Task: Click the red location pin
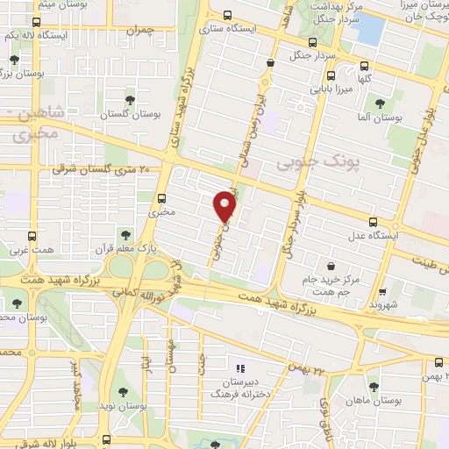pyautogui.click(x=225, y=206)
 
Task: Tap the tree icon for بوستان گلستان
pyautogui.click(x=131, y=100)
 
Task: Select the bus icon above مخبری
pyautogui.click(x=161, y=196)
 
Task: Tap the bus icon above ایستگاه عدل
pyautogui.click(x=374, y=221)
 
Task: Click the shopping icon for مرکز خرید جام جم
pyautogui.click(x=330, y=267)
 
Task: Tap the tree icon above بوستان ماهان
pyautogui.click(x=374, y=387)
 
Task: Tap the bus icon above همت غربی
pyautogui.click(x=33, y=236)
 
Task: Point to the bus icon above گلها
pyautogui.click(x=365, y=65)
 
